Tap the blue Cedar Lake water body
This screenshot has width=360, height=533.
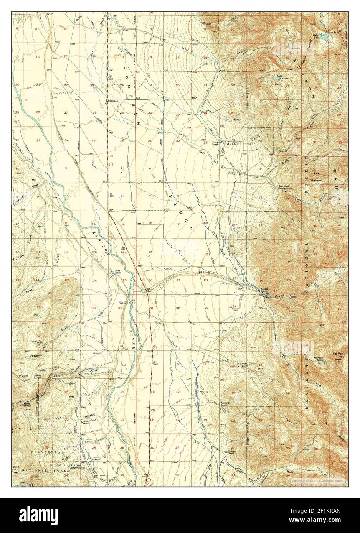coord(324,39)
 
